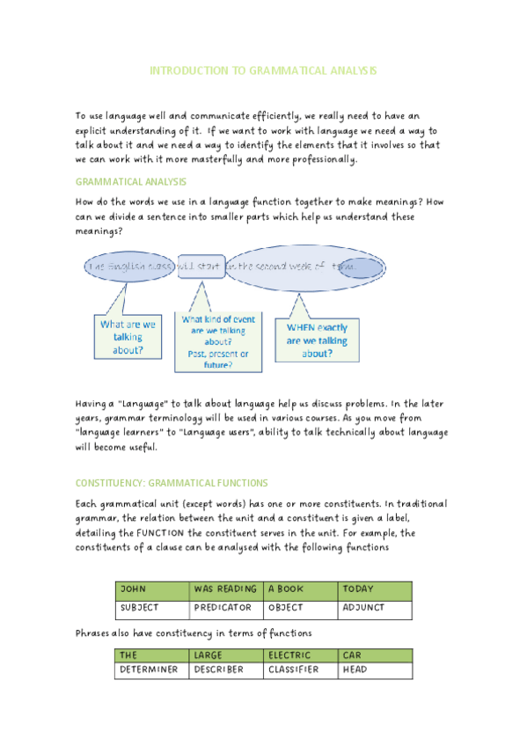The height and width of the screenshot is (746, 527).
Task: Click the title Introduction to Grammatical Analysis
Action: [263, 70]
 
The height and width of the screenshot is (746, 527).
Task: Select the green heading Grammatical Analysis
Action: [130, 181]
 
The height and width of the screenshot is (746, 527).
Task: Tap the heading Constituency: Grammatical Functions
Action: [172, 483]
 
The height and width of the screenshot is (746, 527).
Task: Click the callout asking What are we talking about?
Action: [128, 337]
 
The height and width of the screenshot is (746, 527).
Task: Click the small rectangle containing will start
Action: [201, 266]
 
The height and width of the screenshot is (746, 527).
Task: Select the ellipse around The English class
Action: [130, 266]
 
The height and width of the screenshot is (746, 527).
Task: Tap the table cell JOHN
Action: [152, 589]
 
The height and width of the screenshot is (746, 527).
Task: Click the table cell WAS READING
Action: [226, 589]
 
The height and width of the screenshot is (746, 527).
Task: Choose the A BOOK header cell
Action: [301, 589]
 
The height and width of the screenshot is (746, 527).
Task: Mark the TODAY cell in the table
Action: [375, 589]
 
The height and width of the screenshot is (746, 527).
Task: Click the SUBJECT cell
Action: [152, 608]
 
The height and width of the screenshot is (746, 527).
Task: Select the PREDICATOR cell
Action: [226, 608]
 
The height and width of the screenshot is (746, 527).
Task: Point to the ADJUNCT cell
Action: [375, 608]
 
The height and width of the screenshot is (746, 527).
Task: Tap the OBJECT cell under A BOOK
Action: [301, 608]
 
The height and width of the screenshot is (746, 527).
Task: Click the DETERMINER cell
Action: [152, 670]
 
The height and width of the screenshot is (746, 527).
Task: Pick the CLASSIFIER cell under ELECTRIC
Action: [301, 670]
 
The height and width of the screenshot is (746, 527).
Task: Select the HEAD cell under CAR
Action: [375, 670]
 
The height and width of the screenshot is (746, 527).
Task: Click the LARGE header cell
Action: [226, 655]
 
